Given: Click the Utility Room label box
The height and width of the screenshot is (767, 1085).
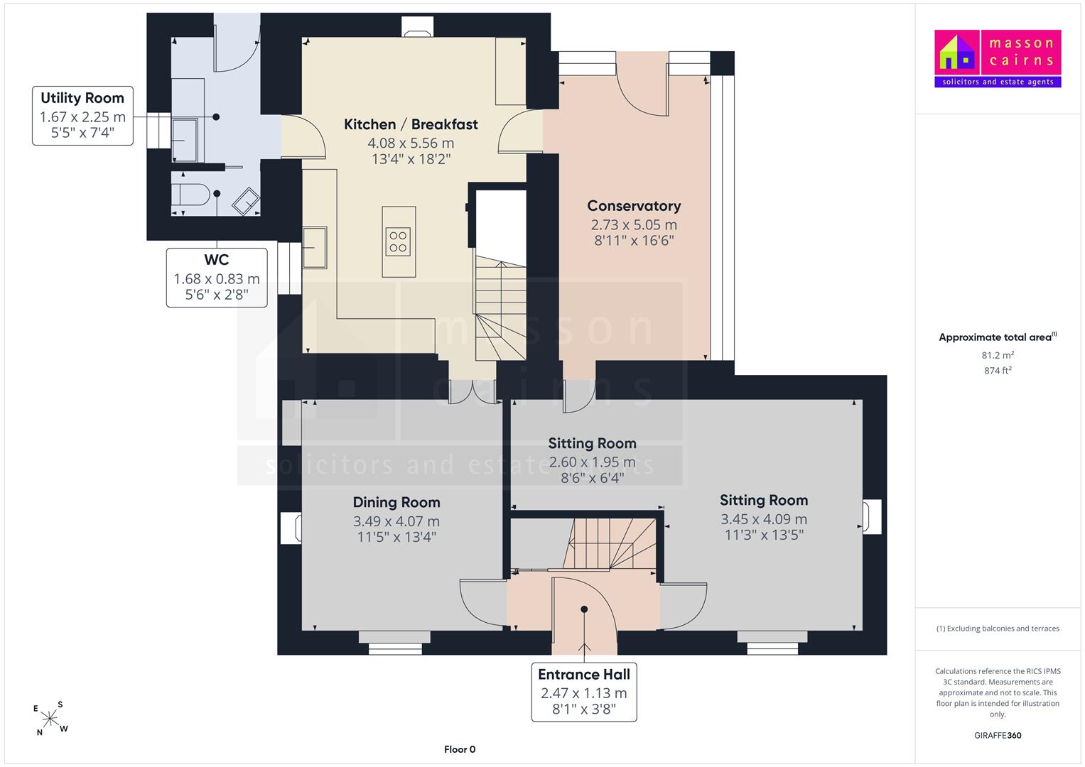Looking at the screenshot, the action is click(83, 116).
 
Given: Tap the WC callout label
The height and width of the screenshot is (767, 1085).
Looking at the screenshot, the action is click(217, 278).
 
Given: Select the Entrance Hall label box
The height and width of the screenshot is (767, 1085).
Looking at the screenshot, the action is click(584, 692).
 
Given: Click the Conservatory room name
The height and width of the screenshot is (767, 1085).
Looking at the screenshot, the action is click(634, 206).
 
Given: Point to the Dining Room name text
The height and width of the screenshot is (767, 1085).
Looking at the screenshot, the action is click(396, 502).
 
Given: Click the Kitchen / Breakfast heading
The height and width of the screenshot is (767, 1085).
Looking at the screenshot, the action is click(411, 124).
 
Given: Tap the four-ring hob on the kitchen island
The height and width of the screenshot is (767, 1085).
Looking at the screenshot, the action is click(398, 241).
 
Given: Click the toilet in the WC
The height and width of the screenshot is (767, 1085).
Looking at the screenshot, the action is click(190, 195).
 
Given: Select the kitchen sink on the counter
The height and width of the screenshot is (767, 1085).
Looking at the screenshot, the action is click(315, 247).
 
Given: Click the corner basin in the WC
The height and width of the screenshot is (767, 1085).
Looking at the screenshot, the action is click(246, 202).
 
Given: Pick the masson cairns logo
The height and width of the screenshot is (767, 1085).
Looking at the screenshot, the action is click(998, 58).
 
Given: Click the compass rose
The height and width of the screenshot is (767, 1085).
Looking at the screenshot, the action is click(50, 718).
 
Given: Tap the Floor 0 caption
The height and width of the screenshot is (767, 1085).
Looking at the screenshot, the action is click(460, 749).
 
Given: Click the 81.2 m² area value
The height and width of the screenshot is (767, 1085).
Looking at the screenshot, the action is click(998, 355).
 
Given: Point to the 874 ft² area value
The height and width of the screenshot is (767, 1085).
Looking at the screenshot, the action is click(998, 371).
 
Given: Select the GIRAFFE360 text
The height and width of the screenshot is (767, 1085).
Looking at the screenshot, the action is click(998, 736).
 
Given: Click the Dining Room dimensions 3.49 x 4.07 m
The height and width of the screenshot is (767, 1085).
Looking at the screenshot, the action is click(396, 521).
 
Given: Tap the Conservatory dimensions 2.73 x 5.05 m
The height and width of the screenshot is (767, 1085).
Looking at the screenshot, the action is click(634, 224).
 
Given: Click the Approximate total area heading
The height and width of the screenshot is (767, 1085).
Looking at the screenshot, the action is click(998, 337).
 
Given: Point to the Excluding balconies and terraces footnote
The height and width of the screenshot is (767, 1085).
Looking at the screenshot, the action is click(998, 629).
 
